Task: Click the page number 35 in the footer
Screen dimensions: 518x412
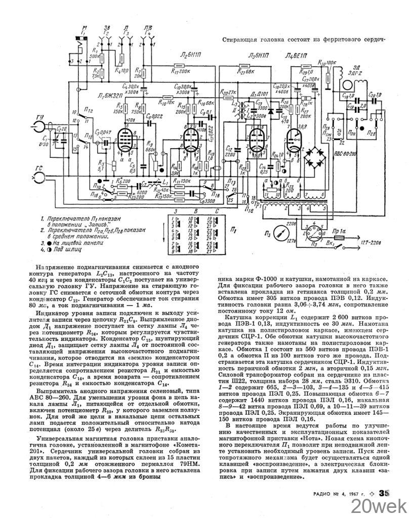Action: pyautogui.click(x=384, y=494)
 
